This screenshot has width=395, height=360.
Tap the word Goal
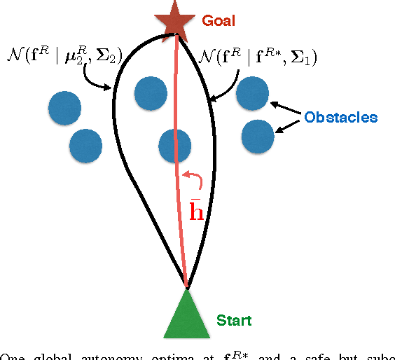(218, 20)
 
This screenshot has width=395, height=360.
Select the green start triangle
(186, 314)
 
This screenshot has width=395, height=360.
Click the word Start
(234, 321)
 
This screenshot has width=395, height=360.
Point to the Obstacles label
(340, 117)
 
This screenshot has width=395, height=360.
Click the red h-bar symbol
(197, 208)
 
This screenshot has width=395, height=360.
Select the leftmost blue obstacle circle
(65, 107)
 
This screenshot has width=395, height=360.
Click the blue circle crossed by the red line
(175, 145)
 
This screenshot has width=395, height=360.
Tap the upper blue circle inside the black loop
(150, 92)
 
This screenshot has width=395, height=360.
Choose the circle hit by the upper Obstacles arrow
(252, 93)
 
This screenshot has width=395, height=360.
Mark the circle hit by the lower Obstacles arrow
(258, 136)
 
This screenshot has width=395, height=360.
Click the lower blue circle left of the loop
(87, 145)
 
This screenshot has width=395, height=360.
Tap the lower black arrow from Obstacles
(288, 125)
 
